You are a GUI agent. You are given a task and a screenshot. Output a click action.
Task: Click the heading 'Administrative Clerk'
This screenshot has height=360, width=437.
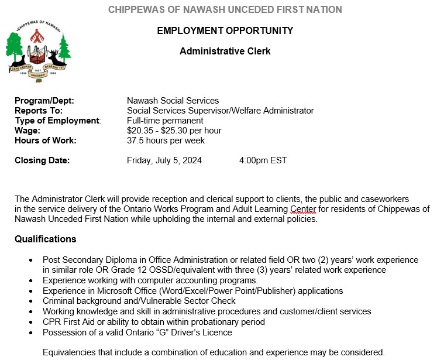(x=225, y=51)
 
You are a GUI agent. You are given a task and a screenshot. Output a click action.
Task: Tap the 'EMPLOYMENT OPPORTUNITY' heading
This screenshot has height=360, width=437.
(x=225, y=30)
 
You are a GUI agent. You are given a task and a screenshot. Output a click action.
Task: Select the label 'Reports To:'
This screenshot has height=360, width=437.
(x=39, y=111)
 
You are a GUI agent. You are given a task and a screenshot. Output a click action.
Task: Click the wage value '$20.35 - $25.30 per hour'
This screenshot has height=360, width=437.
(x=174, y=131)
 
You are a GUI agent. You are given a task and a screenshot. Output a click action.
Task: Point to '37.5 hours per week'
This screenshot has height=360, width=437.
(x=166, y=140)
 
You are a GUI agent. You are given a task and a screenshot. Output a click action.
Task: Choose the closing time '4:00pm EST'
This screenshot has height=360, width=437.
(x=263, y=160)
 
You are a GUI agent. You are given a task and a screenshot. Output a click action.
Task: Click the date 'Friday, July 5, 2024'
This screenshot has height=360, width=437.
(x=164, y=160)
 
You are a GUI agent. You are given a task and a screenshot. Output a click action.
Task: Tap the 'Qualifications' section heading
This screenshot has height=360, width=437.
(x=46, y=239)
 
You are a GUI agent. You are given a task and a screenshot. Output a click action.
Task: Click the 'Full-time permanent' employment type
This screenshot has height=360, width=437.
(x=165, y=121)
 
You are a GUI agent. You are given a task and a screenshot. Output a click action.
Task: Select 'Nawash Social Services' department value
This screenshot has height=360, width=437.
(x=173, y=101)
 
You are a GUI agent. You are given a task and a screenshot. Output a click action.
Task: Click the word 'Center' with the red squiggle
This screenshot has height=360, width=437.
(x=303, y=209)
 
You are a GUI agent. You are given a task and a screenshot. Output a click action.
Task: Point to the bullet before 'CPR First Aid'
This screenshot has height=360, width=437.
(x=30, y=323)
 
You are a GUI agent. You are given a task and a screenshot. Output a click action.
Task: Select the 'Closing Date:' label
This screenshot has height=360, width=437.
(x=42, y=160)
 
